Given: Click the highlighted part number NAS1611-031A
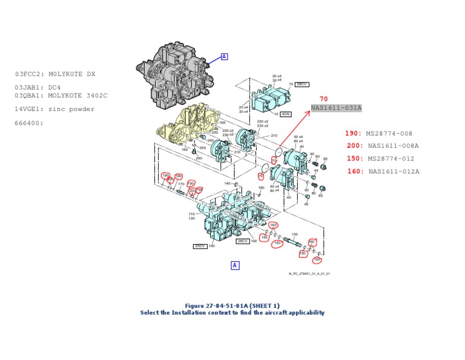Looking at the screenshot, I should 336,108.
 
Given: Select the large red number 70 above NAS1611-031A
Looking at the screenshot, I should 324,99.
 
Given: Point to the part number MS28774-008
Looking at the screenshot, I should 389,133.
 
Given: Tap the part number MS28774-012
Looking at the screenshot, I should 389,159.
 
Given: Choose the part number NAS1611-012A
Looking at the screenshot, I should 394,172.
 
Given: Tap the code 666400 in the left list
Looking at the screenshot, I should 30,123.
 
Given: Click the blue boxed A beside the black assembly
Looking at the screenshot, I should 224,56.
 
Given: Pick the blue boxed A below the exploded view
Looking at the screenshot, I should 235,265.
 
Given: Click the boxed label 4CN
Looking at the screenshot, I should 285,114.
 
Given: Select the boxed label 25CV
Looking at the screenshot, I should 200,246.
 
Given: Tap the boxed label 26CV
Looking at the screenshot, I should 243,241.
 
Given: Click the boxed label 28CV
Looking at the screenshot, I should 302,84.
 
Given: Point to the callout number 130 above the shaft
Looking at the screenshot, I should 295,234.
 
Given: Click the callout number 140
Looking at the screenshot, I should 227,183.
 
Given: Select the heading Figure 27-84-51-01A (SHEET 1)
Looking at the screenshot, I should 232,305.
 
